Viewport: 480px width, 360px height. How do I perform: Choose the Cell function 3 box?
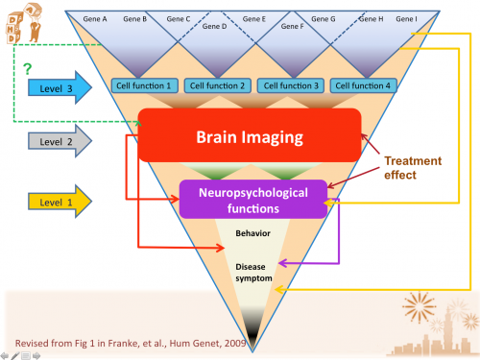tap(291, 85)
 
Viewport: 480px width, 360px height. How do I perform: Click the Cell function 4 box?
tap(362, 85)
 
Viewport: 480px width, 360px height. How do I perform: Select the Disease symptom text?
tap(253, 272)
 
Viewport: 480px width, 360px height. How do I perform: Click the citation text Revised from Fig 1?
tap(124, 339)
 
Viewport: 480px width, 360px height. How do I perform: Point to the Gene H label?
tap(372, 18)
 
